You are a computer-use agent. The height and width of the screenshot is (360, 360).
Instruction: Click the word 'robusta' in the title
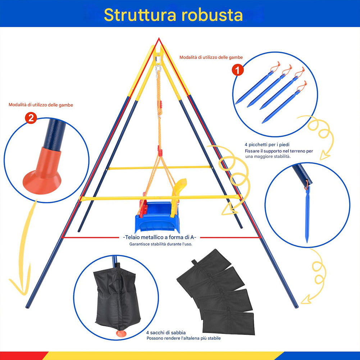212,15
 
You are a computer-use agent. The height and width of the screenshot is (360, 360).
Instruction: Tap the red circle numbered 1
238,70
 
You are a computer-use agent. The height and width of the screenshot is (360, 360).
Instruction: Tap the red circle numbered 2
32,118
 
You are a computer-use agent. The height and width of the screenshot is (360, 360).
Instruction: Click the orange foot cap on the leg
42,173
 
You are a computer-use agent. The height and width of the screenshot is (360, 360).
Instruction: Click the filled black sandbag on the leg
116,299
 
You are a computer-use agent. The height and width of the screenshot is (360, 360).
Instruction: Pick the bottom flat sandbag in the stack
228,322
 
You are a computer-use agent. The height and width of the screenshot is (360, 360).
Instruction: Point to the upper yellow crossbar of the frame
159,168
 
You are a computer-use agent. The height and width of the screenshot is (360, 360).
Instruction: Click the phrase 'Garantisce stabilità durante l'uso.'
161,244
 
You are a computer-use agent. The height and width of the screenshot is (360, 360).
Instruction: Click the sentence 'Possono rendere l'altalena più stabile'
183,338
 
